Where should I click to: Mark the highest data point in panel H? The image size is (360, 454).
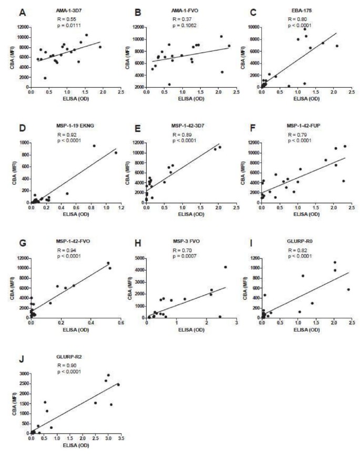[225, 267]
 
